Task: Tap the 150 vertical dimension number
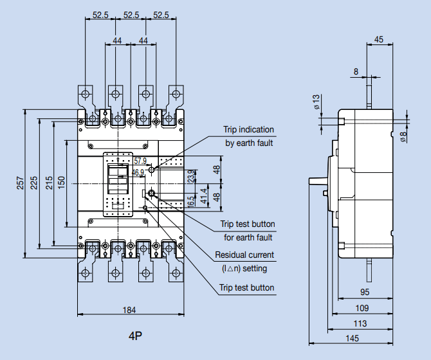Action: [x=61, y=183]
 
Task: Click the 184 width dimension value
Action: [x=129, y=310]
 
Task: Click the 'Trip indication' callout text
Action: [x=248, y=130]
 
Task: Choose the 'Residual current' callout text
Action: [x=244, y=255]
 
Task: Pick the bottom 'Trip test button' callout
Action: [x=246, y=287]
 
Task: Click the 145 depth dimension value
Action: [x=351, y=339]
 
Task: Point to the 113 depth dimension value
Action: [x=360, y=323]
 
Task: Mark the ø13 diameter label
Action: [x=316, y=102]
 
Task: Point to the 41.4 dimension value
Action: [x=204, y=195]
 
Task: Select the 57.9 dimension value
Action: [x=141, y=160]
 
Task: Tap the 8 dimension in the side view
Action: [x=356, y=72]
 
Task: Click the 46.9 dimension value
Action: [x=138, y=172]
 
